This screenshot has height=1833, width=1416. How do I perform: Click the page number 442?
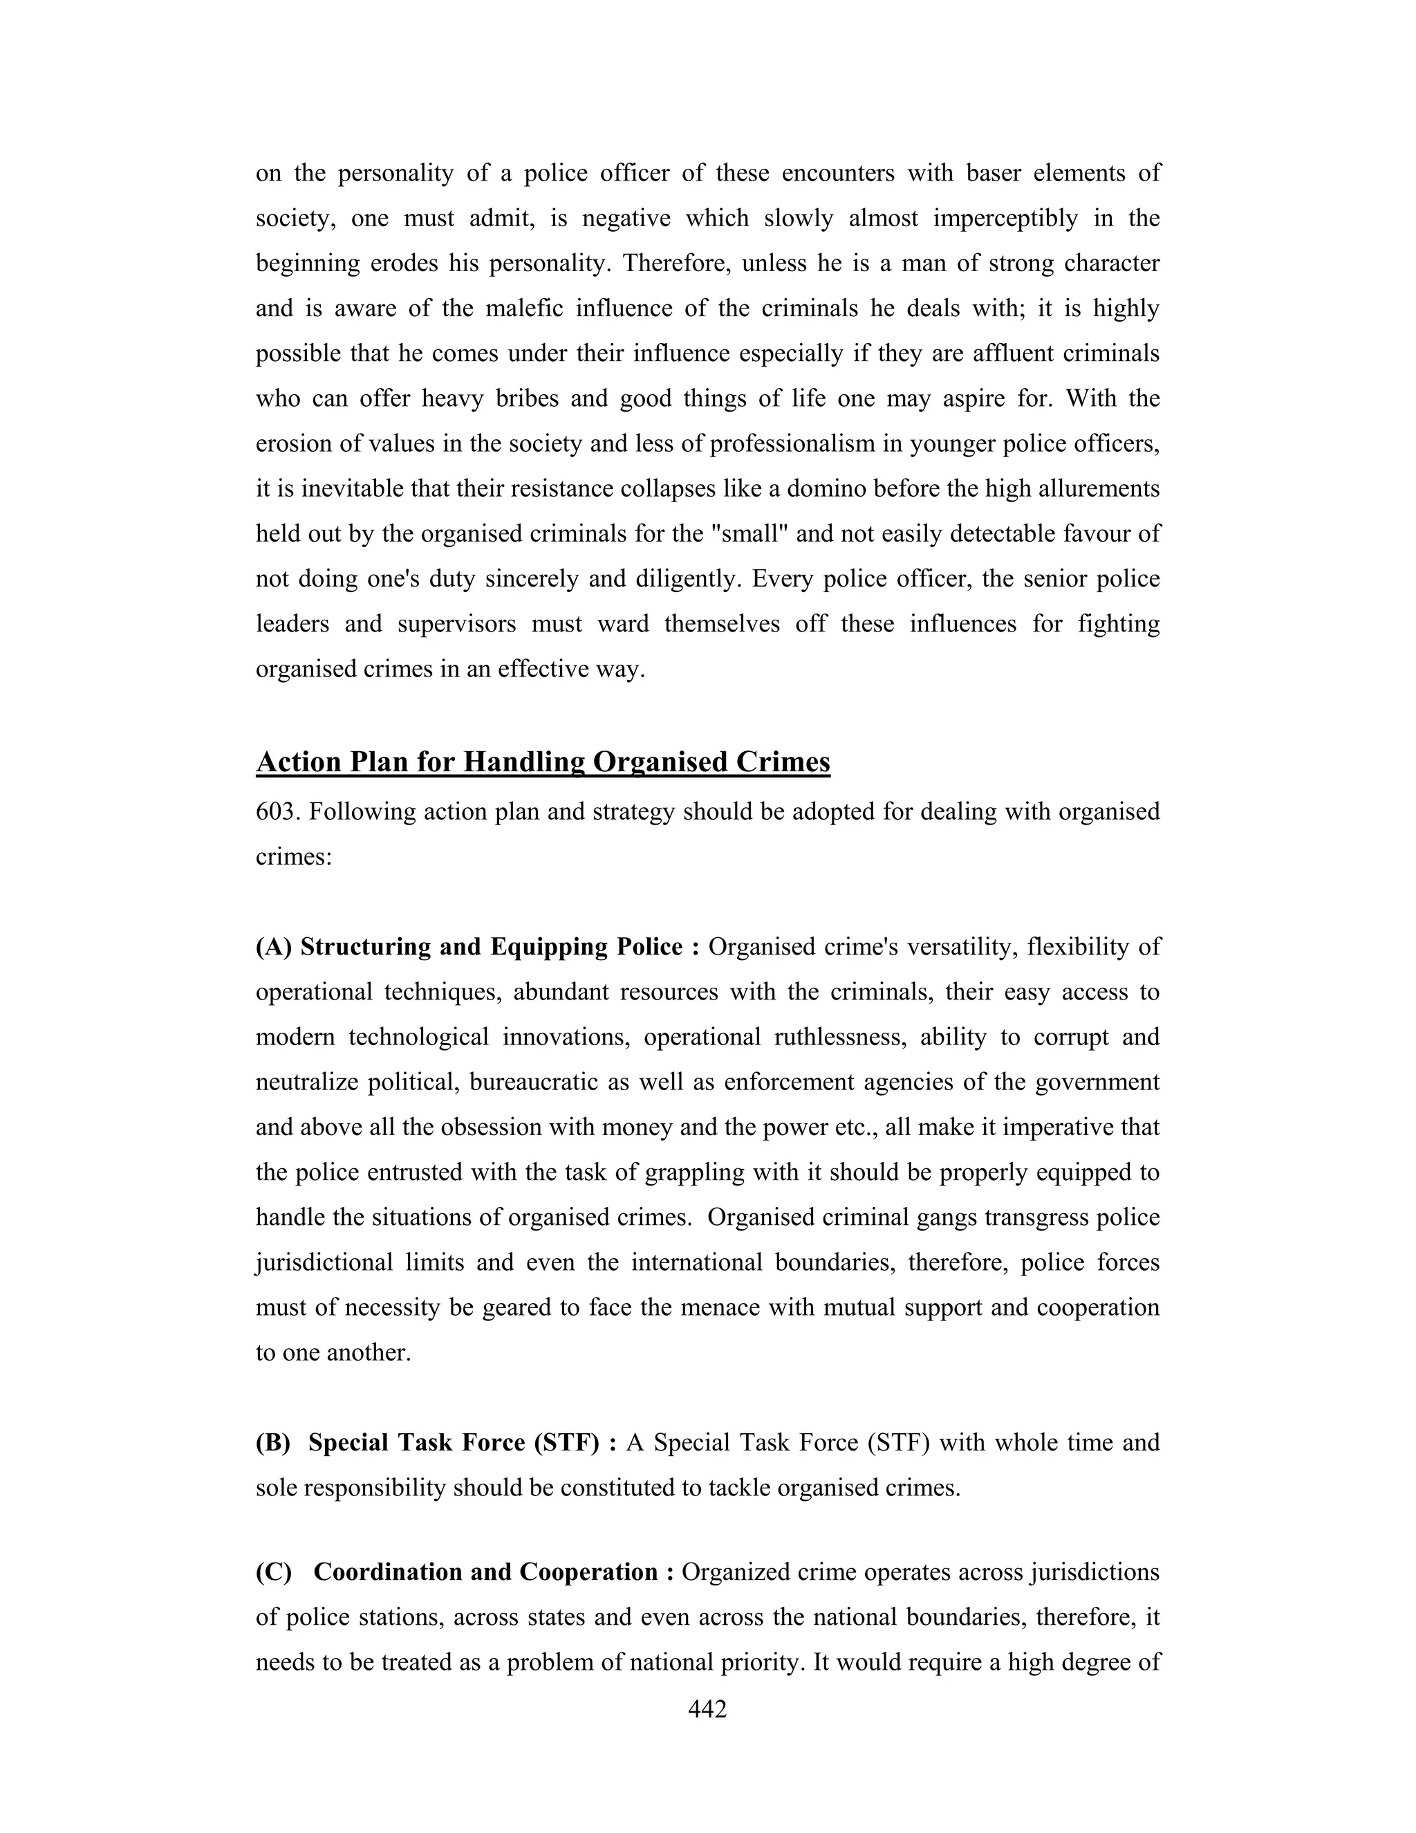pyautogui.click(x=707, y=1708)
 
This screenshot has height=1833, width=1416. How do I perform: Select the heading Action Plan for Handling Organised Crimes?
pyautogui.click(x=543, y=762)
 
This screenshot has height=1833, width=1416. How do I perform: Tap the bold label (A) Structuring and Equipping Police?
pyautogui.click(x=476, y=947)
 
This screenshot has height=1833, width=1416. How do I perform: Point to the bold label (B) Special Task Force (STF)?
pyautogui.click(x=436, y=1443)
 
